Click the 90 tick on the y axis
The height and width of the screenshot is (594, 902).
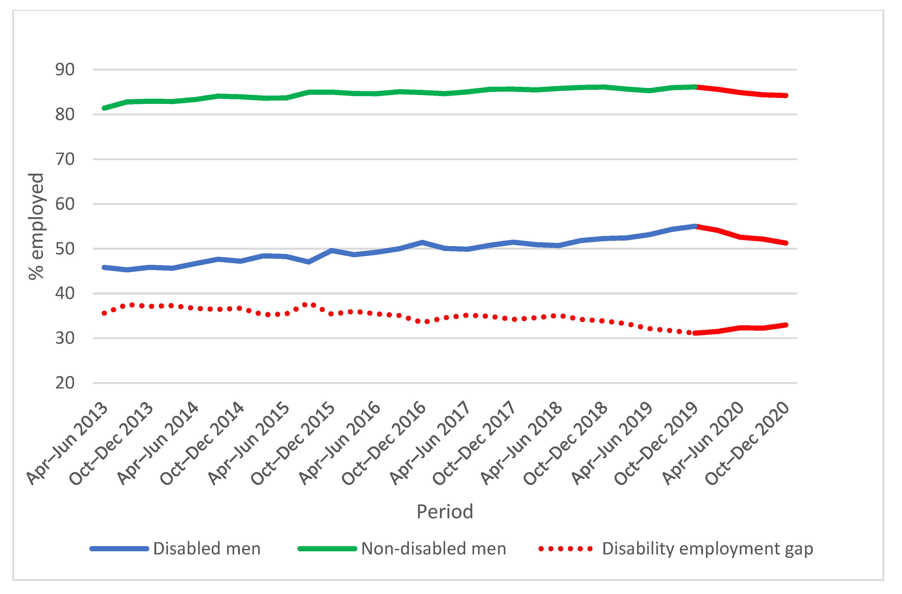click(x=65, y=70)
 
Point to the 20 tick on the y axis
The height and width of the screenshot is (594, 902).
click(x=65, y=383)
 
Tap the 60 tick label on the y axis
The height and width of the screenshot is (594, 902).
click(x=65, y=204)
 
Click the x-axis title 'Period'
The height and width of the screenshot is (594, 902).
click(x=445, y=512)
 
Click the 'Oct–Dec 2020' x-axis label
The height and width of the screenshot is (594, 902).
click(x=748, y=444)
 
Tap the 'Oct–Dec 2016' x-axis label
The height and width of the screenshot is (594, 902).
click(x=384, y=444)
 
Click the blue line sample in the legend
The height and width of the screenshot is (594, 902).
click(x=119, y=548)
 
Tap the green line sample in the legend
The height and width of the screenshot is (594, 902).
click(x=327, y=548)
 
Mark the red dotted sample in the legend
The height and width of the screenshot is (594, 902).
click(x=565, y=548)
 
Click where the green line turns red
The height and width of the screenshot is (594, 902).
click(x=696, y=87)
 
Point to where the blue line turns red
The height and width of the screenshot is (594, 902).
click(x=696, y=226)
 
